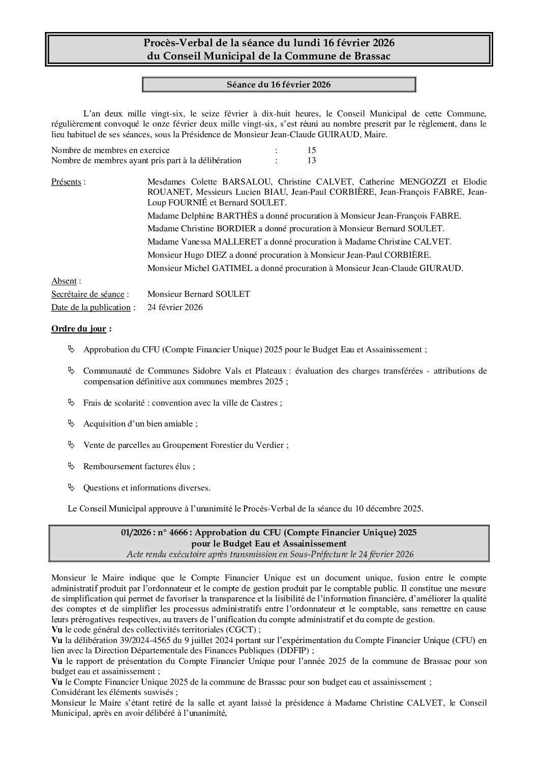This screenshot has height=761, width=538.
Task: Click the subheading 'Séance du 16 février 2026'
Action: [279, 84]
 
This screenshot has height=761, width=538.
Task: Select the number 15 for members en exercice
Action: [312, 150]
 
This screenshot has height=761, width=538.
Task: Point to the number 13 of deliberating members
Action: [312, 161]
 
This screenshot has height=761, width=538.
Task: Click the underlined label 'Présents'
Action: [66, 182]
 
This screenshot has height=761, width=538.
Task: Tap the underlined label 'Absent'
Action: [64, 281]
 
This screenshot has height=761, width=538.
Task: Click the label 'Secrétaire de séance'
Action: [87, 294]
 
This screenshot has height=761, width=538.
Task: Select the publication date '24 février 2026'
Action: [175, 308]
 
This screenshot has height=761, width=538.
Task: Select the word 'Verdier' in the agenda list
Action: [271, 445]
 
